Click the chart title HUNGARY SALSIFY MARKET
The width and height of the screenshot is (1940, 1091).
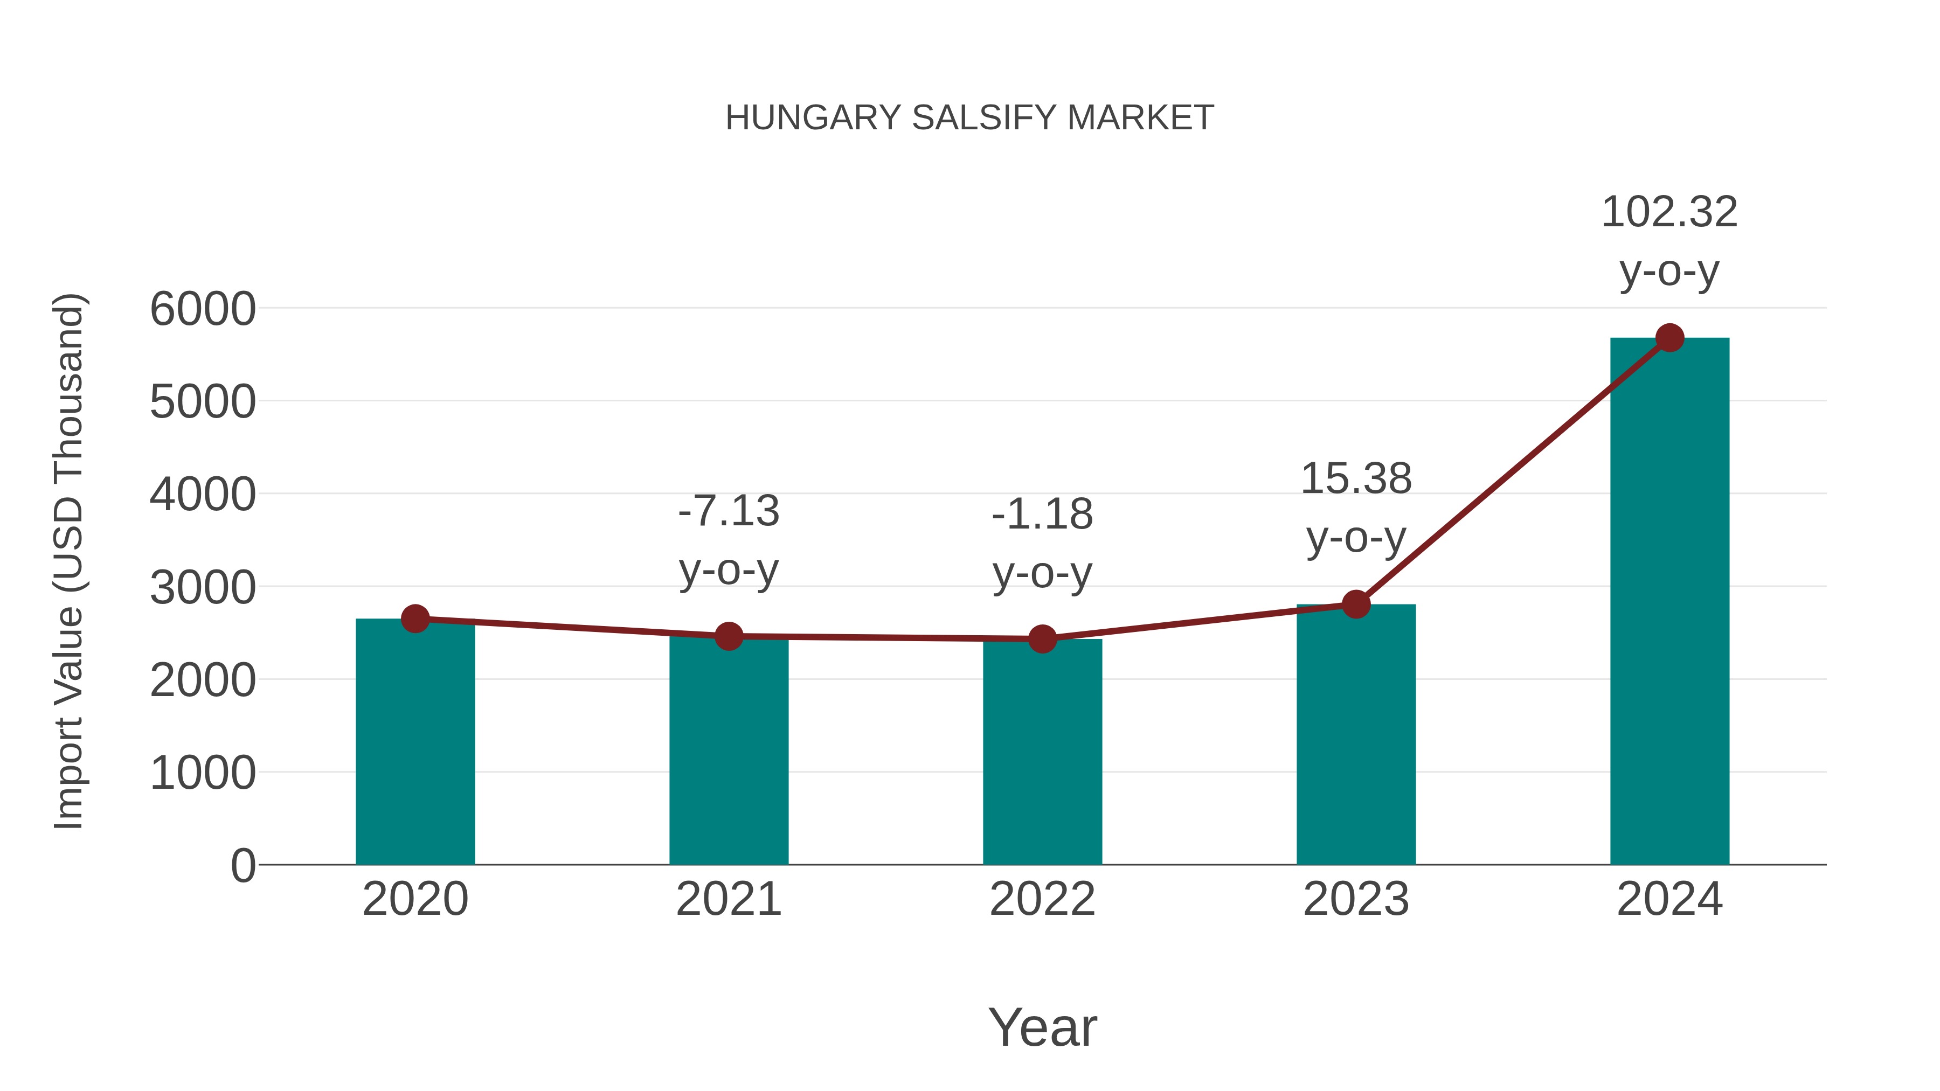click(969, 118)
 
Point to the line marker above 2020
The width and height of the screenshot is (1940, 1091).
click(415, 619)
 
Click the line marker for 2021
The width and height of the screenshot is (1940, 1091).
click(728, 636)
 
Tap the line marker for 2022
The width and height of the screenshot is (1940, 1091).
click(1042, 639)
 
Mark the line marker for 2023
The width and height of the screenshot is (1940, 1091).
click(1356, 604)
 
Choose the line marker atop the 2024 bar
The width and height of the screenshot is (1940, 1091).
click(1669, 338)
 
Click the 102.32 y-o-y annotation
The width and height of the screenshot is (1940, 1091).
click(1669, 240)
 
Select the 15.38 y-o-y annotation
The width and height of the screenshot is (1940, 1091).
click(1356, 508)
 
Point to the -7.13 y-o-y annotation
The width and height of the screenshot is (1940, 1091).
click(728, 540)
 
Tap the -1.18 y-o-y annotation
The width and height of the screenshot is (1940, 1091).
click(1042, 543)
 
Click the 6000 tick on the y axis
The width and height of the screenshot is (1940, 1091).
click(203, 309)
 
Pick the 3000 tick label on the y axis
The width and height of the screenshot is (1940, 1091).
click(203, 587)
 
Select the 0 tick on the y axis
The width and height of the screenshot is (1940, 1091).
click(242, 865)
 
